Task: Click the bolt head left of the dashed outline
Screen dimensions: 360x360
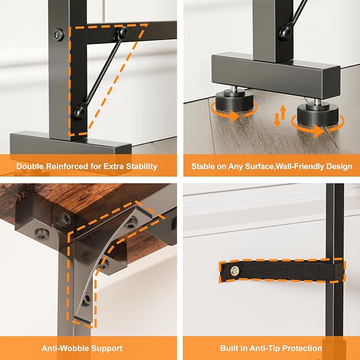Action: click(x=58, y=35)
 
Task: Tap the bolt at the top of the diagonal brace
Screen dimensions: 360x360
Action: click(x=123, y=32)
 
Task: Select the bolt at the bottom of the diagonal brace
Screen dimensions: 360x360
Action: click(x=81, y=113)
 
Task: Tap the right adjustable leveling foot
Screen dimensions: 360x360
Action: click(x=318, y=113)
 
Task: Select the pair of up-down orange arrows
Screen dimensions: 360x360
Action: click(x=280, y=116)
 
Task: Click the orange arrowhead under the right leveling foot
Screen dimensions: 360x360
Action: click(x=319, y=131)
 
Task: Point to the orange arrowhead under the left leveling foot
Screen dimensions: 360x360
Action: click(x=234, y=116)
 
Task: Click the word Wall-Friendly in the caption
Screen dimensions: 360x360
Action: click(x=300, y=166)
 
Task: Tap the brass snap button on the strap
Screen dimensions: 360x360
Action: click(x=235, y=271)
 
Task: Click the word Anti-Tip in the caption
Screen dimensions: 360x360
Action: click(x=264, y=348)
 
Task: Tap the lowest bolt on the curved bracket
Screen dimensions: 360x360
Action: click(x=86, y=300)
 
